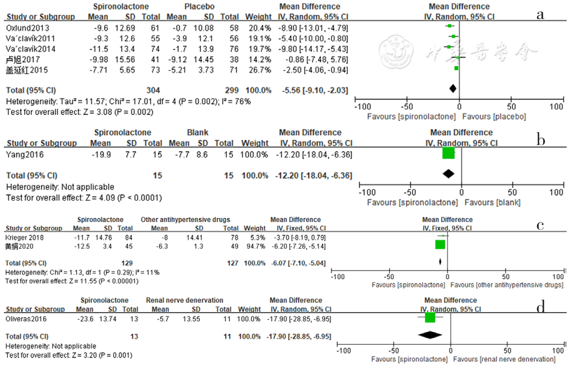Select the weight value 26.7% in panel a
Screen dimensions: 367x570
click(260, 70)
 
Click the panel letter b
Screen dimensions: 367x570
click(541, 140)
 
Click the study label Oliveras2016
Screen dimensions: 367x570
click(23, 318)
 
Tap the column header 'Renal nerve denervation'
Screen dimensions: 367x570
click(184, 300)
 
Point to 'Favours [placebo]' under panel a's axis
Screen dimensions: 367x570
click(494, 117)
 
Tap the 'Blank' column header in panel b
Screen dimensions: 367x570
click(197, 133)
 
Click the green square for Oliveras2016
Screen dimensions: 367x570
click(429, 318)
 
